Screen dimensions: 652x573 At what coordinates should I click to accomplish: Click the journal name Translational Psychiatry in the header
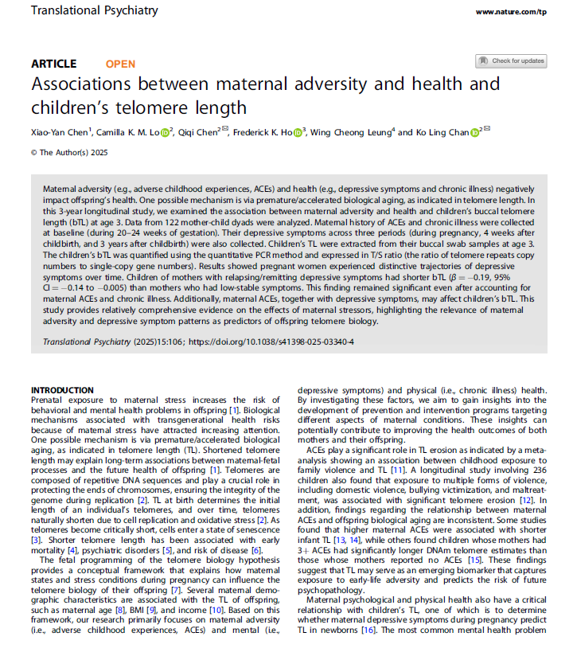point(95,11)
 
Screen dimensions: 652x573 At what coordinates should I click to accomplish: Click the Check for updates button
point(511,61)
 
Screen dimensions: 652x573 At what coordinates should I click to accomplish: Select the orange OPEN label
point(120,64)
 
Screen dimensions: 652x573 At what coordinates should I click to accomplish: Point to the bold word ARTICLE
point(54,64)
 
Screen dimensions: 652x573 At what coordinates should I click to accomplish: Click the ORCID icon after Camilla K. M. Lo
point(166,132)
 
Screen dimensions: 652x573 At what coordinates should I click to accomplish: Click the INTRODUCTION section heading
point(61,389)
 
